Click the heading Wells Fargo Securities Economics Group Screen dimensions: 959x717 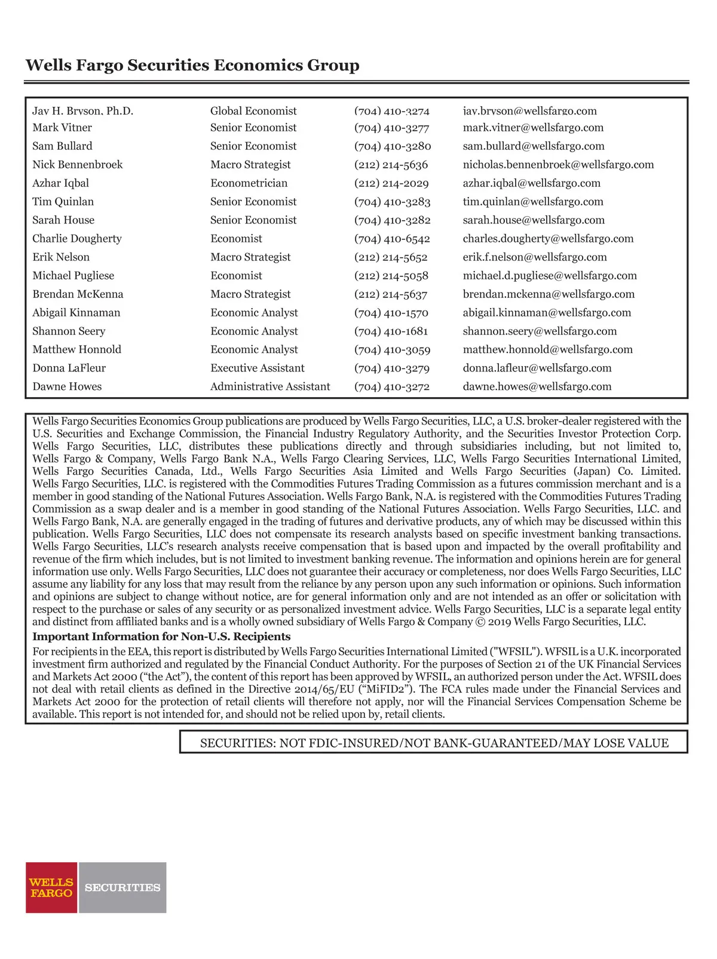pos(192,65)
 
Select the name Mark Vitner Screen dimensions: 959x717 pos(62,128)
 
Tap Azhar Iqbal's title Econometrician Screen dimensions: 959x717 pos(249,183)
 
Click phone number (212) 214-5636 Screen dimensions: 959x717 pos(391,165)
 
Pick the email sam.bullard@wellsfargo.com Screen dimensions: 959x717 pos(534,146)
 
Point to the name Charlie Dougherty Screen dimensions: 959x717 pos(77,239)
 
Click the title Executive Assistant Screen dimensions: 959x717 pos(257,368)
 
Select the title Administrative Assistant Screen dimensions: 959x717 pos(270,387)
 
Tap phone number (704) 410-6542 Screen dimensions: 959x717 pos(392,239)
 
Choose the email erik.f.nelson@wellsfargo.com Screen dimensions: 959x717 pos(535,257)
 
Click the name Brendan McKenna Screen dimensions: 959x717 pos(78,294)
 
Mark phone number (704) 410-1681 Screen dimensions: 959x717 pos(391,331)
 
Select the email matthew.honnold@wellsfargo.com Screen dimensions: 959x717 pos(547,350)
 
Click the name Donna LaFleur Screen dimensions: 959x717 pos(69,368)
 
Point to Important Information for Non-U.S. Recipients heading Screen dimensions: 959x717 pos(161,637)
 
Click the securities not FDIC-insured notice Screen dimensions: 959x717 pos(434,743)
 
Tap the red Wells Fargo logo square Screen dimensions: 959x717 pos(51,887)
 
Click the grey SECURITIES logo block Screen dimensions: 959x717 pos(122,887)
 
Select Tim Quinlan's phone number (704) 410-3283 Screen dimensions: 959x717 pos(392,202)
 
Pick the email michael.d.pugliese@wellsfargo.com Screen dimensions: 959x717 pos(550,276)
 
